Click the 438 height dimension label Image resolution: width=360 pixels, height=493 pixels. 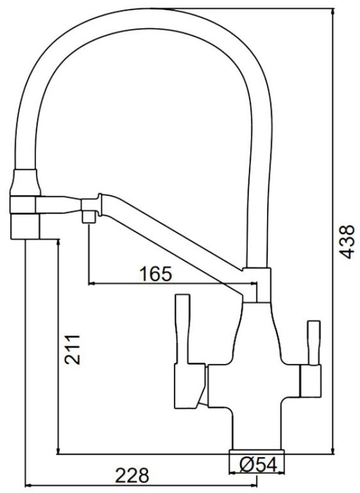347,242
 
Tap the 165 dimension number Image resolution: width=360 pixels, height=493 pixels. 156,274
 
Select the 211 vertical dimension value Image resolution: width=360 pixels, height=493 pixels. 73,349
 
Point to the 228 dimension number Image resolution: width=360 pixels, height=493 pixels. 132,475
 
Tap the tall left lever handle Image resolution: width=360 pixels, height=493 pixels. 182,330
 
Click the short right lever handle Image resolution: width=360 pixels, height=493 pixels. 314,343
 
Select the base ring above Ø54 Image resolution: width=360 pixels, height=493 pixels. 257,452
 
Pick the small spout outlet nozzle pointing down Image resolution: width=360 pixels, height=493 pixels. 89,217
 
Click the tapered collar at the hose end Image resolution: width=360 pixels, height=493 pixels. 26,183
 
